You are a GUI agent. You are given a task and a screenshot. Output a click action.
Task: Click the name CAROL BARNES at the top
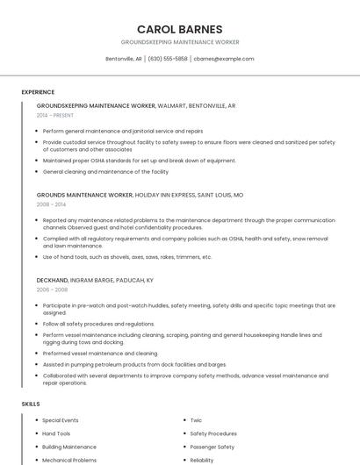(x=179, y=29)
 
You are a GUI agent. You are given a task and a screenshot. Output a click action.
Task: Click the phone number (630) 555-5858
(x=167, y=59)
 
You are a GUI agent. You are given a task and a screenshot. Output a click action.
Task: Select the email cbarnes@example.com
(x=224, y=59)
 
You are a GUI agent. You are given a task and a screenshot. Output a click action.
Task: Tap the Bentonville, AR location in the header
(x=124, y=59)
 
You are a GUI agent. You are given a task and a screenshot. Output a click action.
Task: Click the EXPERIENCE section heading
(x=38, y=92)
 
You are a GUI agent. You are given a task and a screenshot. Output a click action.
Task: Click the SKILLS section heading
(x=31, y=404)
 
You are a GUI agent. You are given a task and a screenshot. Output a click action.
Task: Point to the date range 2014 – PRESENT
(x=55, y=115)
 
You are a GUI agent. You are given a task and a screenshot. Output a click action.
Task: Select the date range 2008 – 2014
(x=50, y=204)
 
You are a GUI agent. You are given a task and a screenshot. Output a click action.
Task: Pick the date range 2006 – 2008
(x=52, y=289)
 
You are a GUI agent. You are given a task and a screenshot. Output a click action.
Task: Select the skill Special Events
(x=61, y=420)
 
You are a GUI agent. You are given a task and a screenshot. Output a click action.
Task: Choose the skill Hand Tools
(x=56, y=433)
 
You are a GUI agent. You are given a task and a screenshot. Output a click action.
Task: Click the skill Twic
(x=196, y=420)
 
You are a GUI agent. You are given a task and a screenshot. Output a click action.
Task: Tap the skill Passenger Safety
(x=212, y=447)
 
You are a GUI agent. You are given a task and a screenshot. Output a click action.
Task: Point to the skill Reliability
(x=202, y=460)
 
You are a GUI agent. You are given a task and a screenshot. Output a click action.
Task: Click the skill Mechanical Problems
(x=69, y=460)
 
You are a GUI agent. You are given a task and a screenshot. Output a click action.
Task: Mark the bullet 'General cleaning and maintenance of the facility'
(x=105, y=172)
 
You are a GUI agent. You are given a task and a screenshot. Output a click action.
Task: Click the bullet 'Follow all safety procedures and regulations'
(x=98, y=324)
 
